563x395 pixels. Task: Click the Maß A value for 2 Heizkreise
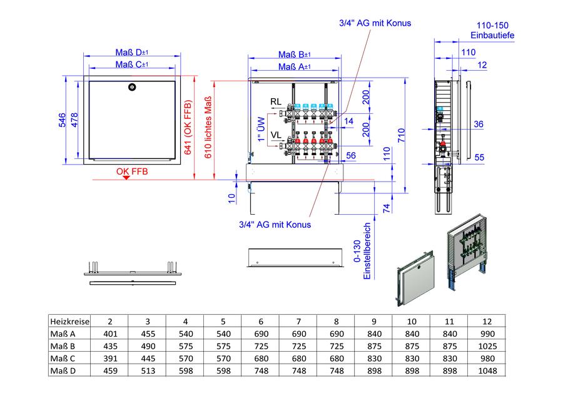coord(110,334)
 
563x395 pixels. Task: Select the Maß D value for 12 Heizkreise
coord(487,371)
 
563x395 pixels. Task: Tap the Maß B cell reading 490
coord(148,346)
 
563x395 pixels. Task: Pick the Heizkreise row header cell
coord(69,321)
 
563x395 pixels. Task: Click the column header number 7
coord(299,321)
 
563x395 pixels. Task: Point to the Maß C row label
coord(63,359)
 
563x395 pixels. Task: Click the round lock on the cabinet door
coord(132,86)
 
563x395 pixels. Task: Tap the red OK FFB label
coord(132,172)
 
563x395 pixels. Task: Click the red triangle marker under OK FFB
coord(126,178)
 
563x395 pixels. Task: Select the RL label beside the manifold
coord(276,101)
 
